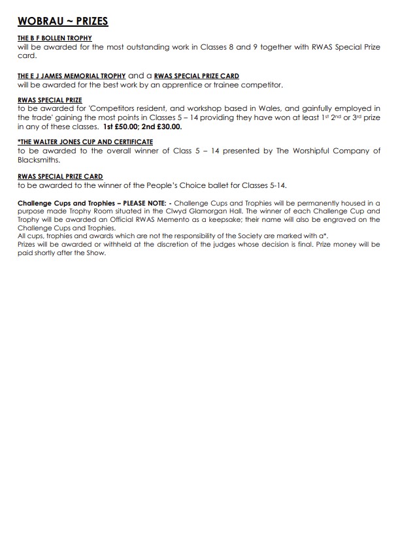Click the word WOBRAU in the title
click(40, 22)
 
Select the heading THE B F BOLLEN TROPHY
click(55, 39)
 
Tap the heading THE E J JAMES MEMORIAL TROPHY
click(71, 76)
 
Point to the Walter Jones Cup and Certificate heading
click(86, 142)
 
